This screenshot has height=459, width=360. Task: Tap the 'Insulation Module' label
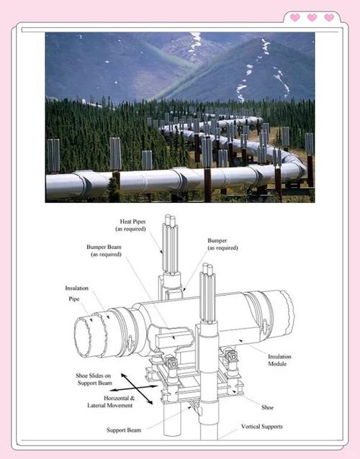pos(279,360)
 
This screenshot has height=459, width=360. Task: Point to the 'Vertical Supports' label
pos(262,427)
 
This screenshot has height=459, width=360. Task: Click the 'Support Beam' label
pos(124,430)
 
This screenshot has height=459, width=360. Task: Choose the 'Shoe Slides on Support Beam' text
pos(94,379)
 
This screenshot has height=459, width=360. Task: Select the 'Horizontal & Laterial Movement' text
pos(110,401)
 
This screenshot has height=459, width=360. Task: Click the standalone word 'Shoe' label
pos(267,407)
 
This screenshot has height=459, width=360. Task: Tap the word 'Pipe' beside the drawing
pos(74,299)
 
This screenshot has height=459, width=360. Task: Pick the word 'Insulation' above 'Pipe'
pos(76,288)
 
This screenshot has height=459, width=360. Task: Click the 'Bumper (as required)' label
pos(222,244)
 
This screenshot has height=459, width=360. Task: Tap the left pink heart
pos(294,17)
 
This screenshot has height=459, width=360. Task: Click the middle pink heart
pos(312,17)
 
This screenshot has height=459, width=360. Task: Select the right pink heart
pos(329,17)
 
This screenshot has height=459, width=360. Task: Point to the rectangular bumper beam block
pos(174,338)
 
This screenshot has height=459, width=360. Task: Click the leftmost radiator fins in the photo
pos(53,155)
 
